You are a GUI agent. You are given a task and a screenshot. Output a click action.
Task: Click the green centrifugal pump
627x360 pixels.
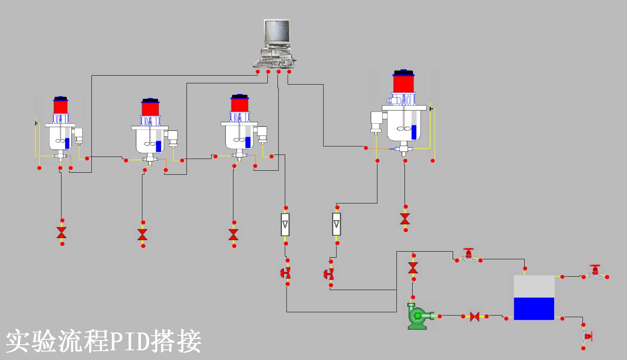tap(418, 316)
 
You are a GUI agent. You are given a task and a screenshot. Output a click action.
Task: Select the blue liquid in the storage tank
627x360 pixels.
tap(534, 309)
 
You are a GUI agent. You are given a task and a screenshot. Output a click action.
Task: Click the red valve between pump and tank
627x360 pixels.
tap(475, 316)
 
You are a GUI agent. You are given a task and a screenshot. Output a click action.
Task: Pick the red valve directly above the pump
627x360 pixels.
tap(413, 267)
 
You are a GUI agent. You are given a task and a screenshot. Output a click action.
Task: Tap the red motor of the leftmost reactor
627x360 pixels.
tap(61, 106)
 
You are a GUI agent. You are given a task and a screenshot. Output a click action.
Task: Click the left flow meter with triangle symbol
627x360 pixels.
tap(285, 224)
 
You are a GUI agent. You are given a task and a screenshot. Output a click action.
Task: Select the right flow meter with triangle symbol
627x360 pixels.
tap(337, 224)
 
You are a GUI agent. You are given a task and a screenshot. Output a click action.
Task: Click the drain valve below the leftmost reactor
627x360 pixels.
tap(61, 233)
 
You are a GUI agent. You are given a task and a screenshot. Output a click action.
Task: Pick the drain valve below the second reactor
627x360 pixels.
tap(142, 234)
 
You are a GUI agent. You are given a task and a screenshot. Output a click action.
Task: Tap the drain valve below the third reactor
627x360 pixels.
tap(233, 235)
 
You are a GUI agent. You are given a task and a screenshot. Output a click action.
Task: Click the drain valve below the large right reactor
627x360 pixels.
tap(405, 219)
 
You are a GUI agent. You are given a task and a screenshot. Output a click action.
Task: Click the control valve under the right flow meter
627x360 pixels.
tap(329, 274)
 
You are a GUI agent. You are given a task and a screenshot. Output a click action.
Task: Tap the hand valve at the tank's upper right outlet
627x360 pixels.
tap(595, 271)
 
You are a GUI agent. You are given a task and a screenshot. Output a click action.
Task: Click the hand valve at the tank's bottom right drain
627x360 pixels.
tap(586, 336)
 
